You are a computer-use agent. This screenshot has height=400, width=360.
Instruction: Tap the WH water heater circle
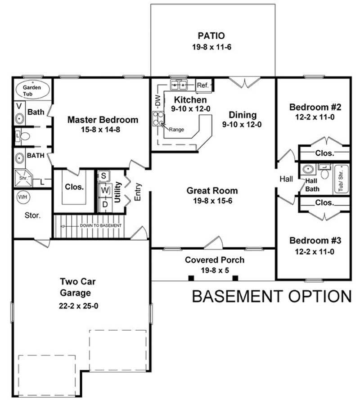point(22,197)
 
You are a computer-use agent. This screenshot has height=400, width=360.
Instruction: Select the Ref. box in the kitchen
point(202,85)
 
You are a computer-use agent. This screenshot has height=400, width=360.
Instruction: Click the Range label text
point(175,130)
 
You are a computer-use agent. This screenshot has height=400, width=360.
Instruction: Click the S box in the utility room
point(103,175)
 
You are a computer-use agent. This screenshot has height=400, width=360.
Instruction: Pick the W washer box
point(104,191)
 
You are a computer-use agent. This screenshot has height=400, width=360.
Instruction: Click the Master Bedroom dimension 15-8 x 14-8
point(103,130)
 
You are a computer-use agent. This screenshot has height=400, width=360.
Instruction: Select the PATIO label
point(211,36)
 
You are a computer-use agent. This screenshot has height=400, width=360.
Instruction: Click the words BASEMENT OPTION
point(271,297)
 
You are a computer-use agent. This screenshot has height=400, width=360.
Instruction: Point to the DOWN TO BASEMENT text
point(100,225)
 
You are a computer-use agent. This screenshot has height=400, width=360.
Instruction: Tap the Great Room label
point(212,191)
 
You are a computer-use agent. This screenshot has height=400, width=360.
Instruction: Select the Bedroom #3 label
point(315,240)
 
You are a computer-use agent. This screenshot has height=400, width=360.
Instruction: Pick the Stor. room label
point(32,215)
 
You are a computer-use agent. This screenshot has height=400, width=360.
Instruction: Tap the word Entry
point(138,191)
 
